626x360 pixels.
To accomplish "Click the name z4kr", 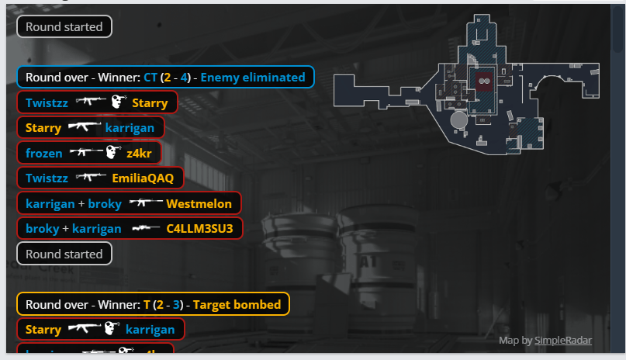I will click(x=139, y=153).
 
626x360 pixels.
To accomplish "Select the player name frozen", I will click(x=43, y=153).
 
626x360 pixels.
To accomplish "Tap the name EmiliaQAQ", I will click(x=143, y=178).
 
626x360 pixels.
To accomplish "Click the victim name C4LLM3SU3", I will click(x=200, y=228).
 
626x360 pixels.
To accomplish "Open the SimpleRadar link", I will click(x=562, y=340).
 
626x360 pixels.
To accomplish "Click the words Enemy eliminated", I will click(x=253, y=77).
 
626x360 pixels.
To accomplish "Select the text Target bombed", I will click(x=237, y=304).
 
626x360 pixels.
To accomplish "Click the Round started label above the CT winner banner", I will click(x=64, y=26).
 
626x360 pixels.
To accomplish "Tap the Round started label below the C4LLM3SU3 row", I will click(x=64, y=254).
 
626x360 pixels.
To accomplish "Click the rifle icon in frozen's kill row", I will click(x=85, y=153).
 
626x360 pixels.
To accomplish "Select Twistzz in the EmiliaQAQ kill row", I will click(x=47, y=178).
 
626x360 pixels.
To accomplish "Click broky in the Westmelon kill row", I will click(x=104, y=203).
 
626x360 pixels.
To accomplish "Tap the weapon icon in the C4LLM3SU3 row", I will click(x=145, y=228).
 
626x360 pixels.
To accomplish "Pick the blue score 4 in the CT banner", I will click(x=184, y=77).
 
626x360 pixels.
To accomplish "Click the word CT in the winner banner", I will click(x=150, y=77).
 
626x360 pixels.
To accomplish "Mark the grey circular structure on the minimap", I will click(x=458, y=121).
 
